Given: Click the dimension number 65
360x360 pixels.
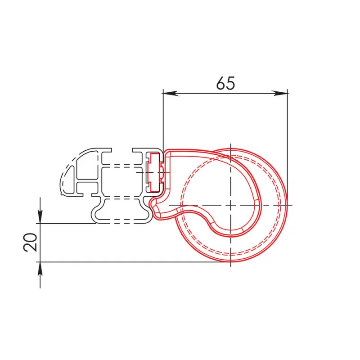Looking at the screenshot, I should tap(225, 83).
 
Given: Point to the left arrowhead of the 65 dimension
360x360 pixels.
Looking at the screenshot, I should tap(167, 93).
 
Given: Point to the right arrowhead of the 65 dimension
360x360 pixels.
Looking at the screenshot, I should tap(283, 93).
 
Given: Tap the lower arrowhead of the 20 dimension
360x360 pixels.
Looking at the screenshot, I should tap(40, 267).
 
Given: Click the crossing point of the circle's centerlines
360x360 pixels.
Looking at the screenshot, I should tap(230, 205).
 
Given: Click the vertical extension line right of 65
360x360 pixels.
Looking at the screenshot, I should tap(288, 144).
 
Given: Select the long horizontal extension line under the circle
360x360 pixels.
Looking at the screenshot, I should tap(135, 261).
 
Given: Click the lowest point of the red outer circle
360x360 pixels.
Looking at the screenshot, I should tap(230, 262).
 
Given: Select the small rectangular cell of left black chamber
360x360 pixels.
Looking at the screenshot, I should tap(88, 186).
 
